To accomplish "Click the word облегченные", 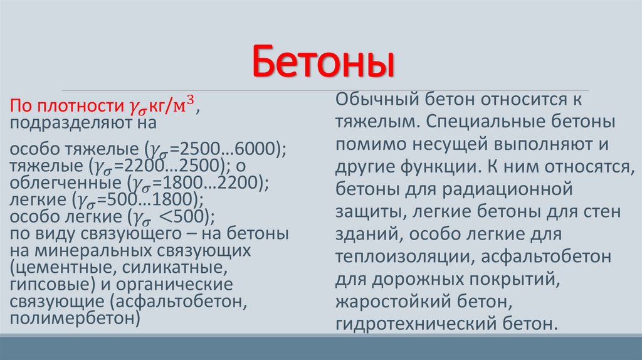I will [x=53, y=183].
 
